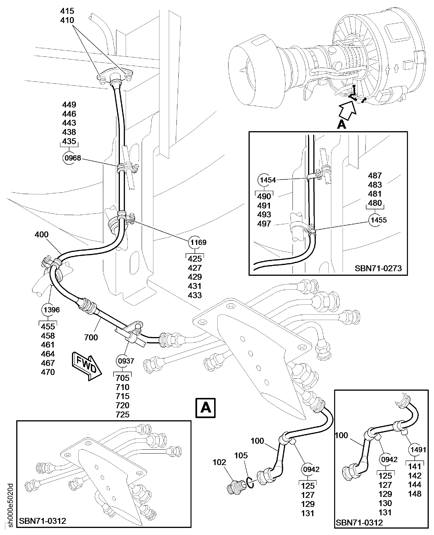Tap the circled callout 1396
point(51,310)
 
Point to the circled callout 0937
point(126,361)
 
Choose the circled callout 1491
point(418,450)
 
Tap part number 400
point(41,235)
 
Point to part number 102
point(219,462)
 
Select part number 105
point(241,455)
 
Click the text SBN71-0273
point(378,268)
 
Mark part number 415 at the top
point(67,11)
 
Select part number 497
point(264,224)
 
